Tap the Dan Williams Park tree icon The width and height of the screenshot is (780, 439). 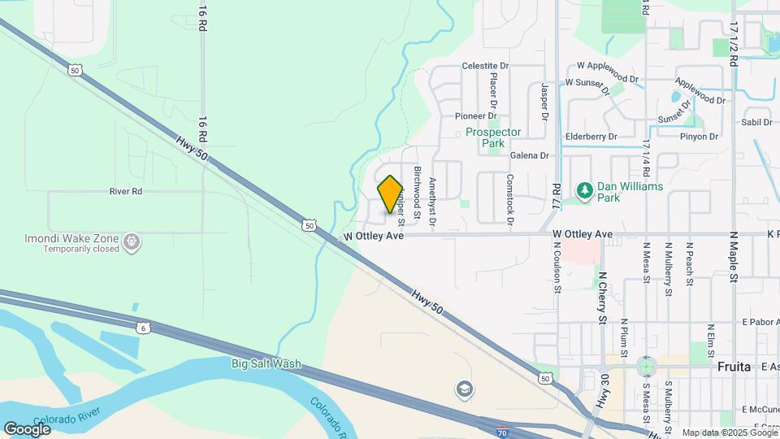583,191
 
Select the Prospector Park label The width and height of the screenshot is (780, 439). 493,137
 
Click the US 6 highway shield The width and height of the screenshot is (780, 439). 144,328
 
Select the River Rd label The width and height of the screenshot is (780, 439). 125,192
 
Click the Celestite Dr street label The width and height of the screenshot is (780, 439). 484,66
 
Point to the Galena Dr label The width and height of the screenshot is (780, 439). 530,155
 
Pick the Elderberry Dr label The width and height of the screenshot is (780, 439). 591,137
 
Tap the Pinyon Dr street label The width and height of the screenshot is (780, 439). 700,137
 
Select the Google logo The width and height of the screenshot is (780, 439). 27,428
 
